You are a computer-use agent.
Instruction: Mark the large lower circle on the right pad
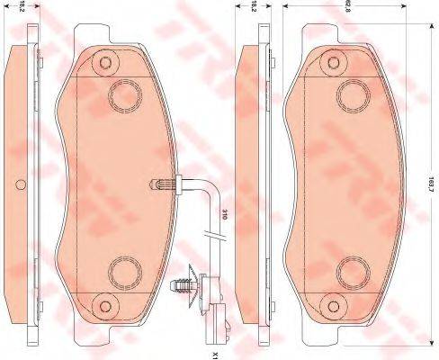(351, 270)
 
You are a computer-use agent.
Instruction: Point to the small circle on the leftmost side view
(20, 187)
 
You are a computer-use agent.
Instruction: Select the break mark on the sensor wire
(213, 237)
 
